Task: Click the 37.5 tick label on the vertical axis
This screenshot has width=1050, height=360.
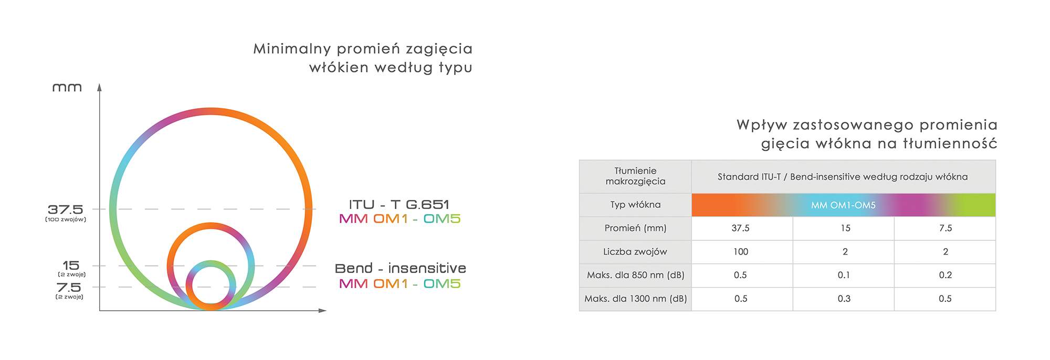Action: pyautogui.click(x=65, y=209)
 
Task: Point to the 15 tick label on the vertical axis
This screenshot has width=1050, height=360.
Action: pyautogui.click(x=71, y=266)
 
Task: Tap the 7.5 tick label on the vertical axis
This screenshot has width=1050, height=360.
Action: pyautogui.click(x=69, y=288)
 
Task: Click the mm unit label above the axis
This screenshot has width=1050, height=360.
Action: pyautogui.click(x=67, y=88)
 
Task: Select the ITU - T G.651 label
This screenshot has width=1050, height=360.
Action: pyautogui.click(x=399, y=205)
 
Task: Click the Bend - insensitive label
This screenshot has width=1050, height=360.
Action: pyautogui.click(x=401, y=268)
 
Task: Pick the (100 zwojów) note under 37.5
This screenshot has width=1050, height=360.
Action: pyautogui.click(x=66, y=219)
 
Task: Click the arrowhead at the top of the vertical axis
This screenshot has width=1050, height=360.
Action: pyautogui.click(x=99, y=87)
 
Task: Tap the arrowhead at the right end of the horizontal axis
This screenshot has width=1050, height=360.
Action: pyautogui.click(x=322, y=311)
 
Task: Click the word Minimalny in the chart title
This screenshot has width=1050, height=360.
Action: pyautogui.click(x=292, y=49)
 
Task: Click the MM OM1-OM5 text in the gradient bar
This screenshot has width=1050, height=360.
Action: pyautogui.click(x=843, y=205)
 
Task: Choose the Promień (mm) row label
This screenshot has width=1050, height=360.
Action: pyautogui.click(x=635, y=228)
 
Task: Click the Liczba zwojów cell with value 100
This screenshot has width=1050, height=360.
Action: pyautogui.click(x=741, y=252)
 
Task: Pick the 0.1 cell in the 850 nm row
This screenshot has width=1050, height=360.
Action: pyautogui.click(x=844, y=275)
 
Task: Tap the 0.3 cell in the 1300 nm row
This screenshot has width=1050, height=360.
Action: pyautogui.click(x=844, y=299)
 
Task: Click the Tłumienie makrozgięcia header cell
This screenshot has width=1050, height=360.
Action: pyautogui.click(x=635, y=176)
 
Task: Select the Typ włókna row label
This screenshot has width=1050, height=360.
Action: pyautogui.click(x=635, y=205)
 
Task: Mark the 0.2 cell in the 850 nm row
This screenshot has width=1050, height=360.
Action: pyautogui.click(x=945, y=275)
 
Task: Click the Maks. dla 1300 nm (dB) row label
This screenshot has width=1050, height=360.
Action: pyautogui.click(x=635, y=299)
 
